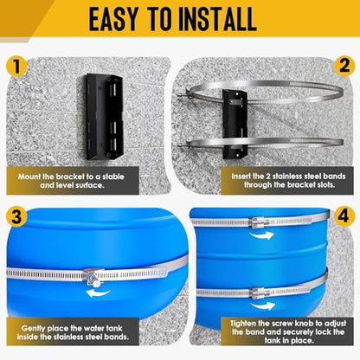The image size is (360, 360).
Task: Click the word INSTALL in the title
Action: [x=217, y=19]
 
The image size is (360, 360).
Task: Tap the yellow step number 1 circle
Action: [x=16, y=66]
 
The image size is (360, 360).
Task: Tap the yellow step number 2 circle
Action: [x=344, y=66]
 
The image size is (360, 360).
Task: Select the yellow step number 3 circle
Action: [x=16, y=216]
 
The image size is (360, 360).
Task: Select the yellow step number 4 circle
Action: [x=344, y=216]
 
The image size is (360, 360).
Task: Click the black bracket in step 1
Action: [x=105, y=117]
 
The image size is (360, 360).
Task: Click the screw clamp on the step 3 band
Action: [x=93, y=277]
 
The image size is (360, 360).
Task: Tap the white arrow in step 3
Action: [x=99, y=293]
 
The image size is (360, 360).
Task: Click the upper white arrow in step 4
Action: [x=262, y=235]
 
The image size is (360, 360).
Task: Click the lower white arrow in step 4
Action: [x=262, y=305]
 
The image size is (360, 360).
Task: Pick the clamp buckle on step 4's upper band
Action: [x=259, y=222]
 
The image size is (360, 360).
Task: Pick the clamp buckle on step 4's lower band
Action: [x=259, y=292]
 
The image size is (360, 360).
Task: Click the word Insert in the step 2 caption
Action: [x=241, y=176]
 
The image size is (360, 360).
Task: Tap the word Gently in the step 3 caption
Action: [x=33, y=328]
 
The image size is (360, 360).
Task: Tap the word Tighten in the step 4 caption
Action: [x=242, y=324]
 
